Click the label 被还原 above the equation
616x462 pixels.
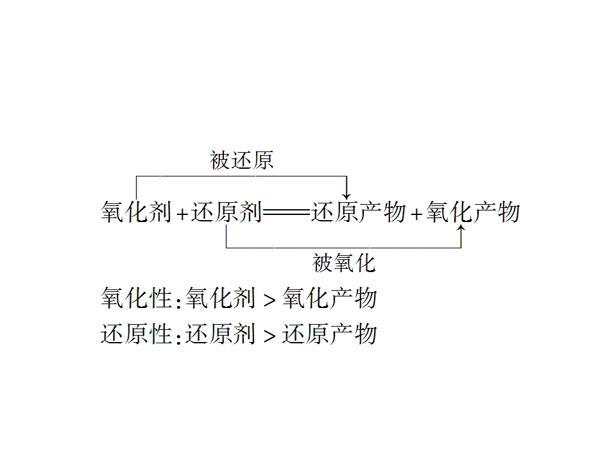(241, 160)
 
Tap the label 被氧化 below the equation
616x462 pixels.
(344, 263)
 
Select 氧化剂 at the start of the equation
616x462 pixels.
(136, 212)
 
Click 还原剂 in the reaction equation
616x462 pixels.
(226, 212)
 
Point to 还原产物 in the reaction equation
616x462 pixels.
(358, 212)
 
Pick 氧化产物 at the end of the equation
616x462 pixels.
(473, 212)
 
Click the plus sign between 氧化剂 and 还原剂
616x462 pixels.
(182, 214)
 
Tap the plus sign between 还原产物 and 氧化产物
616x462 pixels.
(416, 214)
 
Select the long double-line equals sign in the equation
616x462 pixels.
(286, 213)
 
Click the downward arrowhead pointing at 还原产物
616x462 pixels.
(346, 196)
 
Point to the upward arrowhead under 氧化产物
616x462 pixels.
(461, 228)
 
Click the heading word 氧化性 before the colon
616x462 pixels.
(136, 298)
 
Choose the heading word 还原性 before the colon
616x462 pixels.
(136, 334)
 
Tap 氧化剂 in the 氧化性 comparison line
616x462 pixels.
(220, 298)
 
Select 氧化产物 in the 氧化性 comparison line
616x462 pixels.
(330, 298)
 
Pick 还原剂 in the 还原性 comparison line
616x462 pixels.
(220, 334)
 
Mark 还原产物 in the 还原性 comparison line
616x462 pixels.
(330, 334)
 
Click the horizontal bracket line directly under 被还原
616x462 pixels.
(241, 176)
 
